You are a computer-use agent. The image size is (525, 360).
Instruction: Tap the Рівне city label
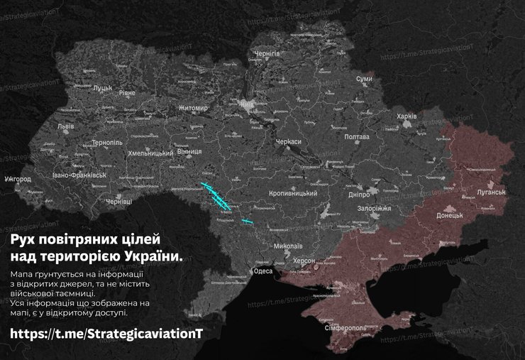click(136, 92)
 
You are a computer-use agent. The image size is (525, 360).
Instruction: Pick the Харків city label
click(407, 116)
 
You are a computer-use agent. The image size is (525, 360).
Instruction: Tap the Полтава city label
click(356, 136)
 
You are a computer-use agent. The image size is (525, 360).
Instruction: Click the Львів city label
click(66, 126)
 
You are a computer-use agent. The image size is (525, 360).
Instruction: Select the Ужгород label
click(17, 179)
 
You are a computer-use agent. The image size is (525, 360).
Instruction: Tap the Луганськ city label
click(490, 192)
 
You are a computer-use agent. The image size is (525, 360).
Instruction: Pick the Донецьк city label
click(450, 214)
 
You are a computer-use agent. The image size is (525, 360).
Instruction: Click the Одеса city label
click(262, 271)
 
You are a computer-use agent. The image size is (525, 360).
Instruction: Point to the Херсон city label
click(305, 261)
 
